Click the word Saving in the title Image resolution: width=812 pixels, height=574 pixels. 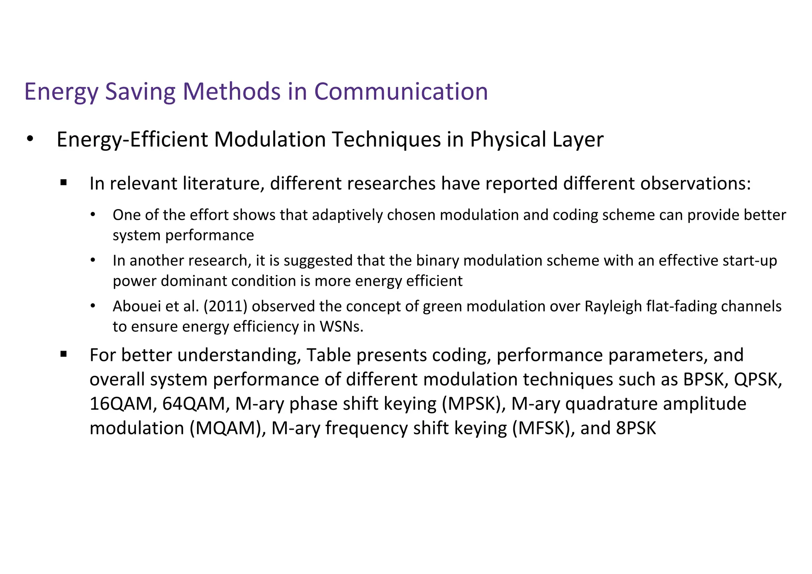tap(140, 92)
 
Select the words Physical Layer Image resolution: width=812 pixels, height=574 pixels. tap(536, 140)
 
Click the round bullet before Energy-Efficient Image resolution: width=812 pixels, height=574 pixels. tap(30, 140)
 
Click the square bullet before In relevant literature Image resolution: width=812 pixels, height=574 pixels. tap(63, 183)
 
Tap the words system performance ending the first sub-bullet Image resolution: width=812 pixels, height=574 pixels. tap(183, 235)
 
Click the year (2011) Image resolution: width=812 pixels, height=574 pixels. tap(226, 306)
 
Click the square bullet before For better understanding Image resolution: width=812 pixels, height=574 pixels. tap(63, 354)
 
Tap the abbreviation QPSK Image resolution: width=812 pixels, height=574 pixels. tap(758, 380)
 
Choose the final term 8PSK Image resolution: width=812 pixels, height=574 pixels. tap(636, 428)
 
